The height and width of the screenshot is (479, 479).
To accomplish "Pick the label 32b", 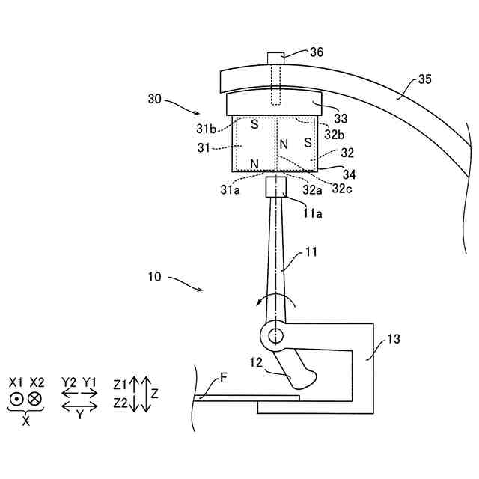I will (335, 134).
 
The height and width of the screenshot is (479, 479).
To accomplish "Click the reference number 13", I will (394, 339).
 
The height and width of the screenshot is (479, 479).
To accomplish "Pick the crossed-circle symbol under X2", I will (34, 399).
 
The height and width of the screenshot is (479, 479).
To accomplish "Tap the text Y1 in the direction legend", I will (91, 382).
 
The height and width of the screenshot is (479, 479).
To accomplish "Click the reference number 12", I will (257, 363).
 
